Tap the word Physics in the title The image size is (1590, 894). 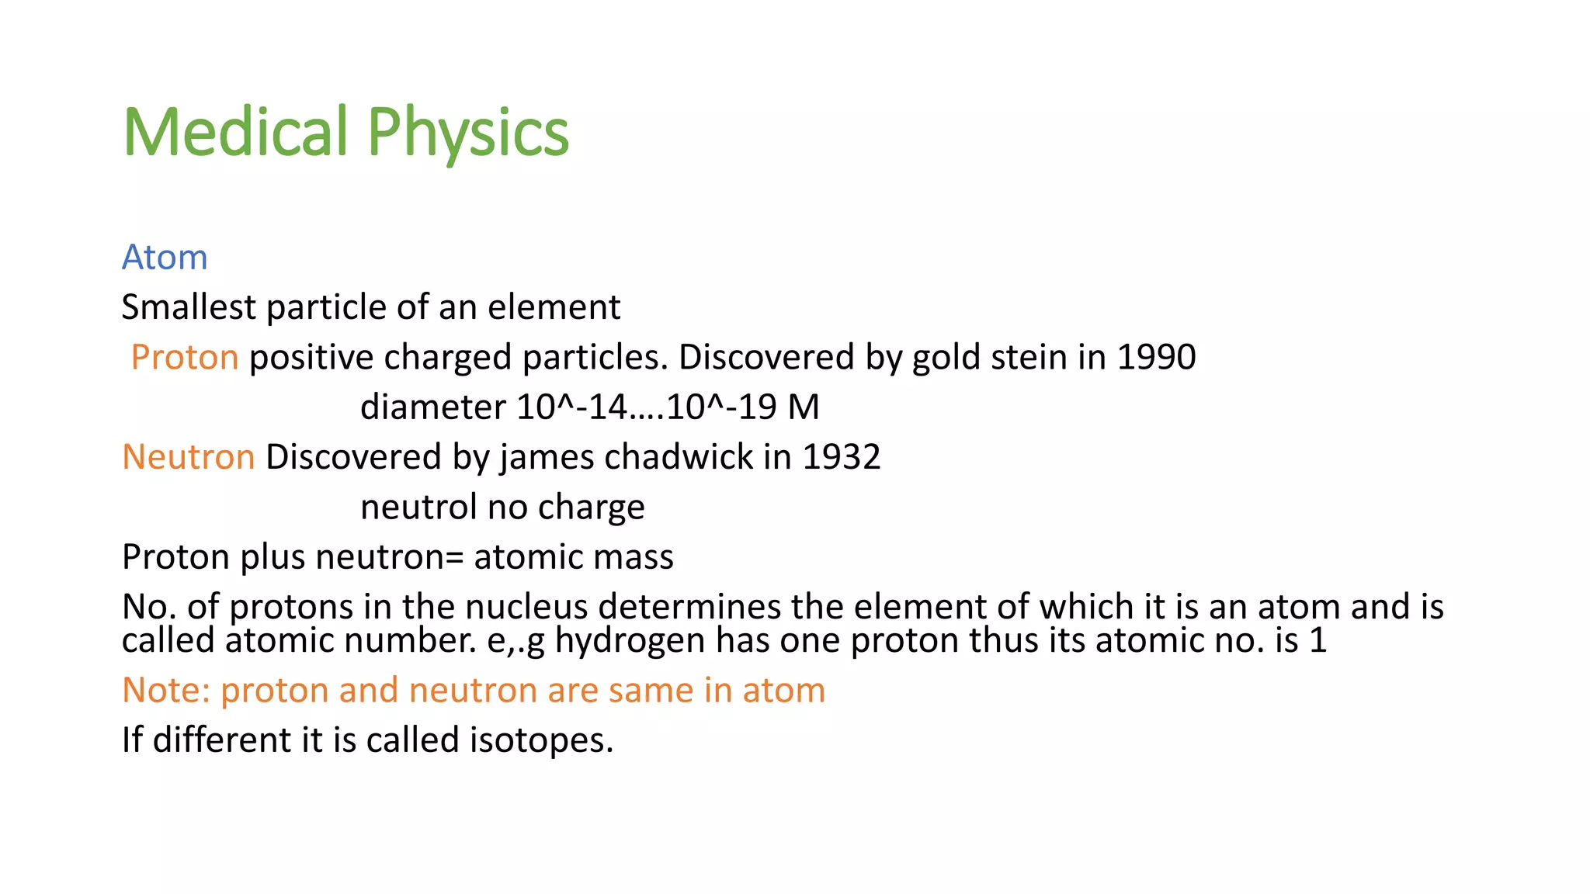(468, 133)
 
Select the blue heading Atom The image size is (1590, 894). (165, 257)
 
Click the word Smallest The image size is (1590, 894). (189, 307)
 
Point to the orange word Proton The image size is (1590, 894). (185, 358)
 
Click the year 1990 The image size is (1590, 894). (1156, 357)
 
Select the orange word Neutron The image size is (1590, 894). (189, 457)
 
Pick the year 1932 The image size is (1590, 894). (841, 457)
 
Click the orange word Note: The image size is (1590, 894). (166, 690)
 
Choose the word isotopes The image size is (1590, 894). (541, 740)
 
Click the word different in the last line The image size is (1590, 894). (221, 740)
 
